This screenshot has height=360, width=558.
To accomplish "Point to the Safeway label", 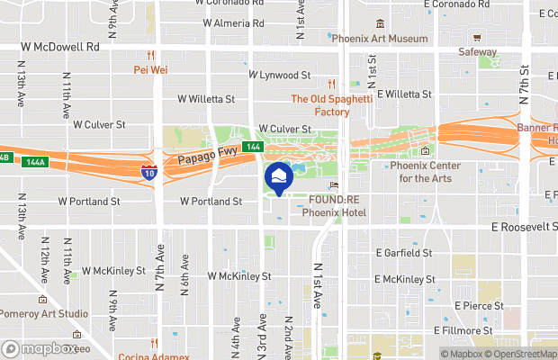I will [477, 52].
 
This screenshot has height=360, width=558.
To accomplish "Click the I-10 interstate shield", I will [149, 172].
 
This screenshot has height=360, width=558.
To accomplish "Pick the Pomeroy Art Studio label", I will [44, 313].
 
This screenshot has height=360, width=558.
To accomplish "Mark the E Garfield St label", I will [404, 253].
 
